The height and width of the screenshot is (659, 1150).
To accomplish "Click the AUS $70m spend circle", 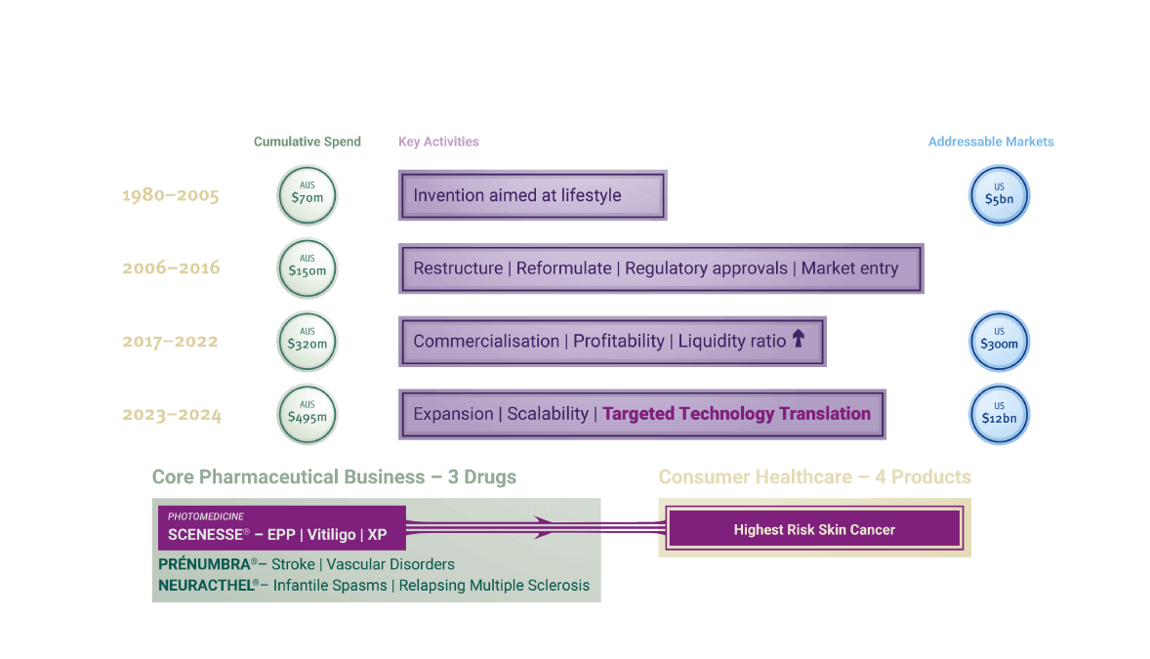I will [x=307, y=195].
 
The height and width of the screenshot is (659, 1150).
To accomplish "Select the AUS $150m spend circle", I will [x=307, y=268].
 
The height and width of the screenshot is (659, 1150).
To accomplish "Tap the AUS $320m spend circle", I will [x=307, y=341].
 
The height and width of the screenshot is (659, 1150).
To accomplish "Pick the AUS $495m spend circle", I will [x=307, y=414].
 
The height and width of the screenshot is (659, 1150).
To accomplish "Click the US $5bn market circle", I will [x=999, y=195].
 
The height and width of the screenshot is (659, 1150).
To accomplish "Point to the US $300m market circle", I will [x=999, y=341].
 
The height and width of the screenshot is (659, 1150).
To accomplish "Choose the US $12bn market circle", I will [x=999, y=414].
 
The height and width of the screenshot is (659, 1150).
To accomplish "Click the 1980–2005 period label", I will [x=170, y=195].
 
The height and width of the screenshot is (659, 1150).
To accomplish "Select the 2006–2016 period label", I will [x=171, y=268].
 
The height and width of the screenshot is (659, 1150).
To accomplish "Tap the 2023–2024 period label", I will [x=172, y=415].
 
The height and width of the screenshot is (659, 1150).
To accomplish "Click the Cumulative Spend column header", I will [x=307, y=142].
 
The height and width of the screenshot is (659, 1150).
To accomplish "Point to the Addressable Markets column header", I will [x=991, y=142].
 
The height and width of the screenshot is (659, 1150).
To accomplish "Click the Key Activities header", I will [x=438, y=142].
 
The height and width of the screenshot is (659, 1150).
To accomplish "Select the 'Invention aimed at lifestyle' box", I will [x=532, y=195].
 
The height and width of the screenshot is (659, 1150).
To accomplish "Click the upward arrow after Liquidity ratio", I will [x=798, y=339].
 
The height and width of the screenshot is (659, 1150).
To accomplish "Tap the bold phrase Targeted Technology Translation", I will [x=736, y=413].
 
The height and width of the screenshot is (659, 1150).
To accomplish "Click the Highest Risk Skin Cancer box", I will [x=814, y=529].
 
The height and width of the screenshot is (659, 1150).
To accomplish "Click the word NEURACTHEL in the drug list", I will [x=208, y=585].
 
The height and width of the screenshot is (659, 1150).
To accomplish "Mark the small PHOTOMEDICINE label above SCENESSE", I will [x=205, y=516].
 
